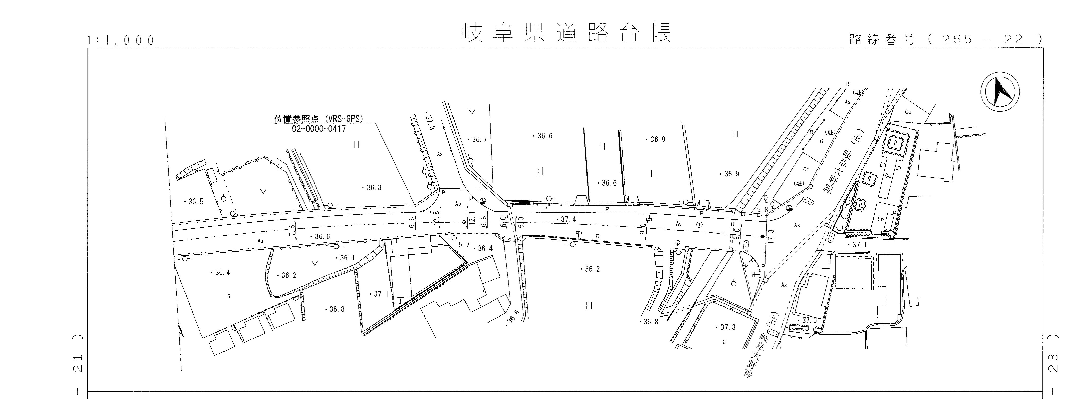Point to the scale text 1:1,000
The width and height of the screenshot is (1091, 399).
click(x=120, y=40)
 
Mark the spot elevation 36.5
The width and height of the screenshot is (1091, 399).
click(x=194, y=202)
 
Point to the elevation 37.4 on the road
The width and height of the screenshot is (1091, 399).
click(x=566, y=219)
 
